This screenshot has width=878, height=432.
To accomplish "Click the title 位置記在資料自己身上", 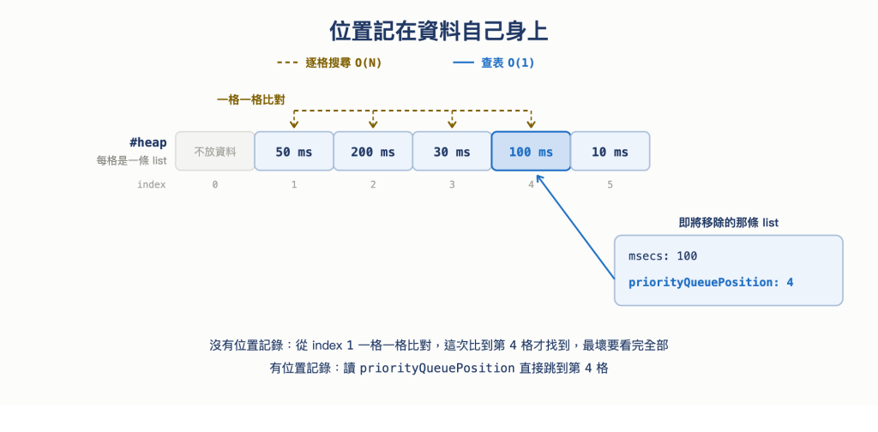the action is (438, 32).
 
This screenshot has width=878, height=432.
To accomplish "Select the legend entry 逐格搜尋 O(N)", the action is (329, 63).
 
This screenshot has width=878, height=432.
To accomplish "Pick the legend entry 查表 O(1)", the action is (493, 63).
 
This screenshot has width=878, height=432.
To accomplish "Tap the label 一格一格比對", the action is (251, 100).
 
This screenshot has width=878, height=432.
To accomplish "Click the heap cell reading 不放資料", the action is (215, 151).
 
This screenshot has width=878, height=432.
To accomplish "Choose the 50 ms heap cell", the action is (294, 151).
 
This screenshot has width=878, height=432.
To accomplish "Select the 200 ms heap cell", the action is (373, 151).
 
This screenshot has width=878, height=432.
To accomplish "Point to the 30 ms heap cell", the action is (452, 151).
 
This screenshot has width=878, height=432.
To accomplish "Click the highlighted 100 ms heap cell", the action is (531, 151).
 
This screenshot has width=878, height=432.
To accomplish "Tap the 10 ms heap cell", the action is (610, 151).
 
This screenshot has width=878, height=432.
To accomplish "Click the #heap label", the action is (147, 142).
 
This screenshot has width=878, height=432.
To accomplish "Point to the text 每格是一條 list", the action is (131, 161).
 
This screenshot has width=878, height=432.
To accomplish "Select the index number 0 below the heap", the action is (215, 184).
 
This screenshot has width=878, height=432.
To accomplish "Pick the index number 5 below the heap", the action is (610, 184).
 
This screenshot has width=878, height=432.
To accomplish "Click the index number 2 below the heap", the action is (373, 184).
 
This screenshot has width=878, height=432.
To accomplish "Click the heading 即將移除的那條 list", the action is (729, 223).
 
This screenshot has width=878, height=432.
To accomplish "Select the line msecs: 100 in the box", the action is (663, 256).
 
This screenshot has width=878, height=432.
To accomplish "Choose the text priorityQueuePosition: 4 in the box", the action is (711, 282).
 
